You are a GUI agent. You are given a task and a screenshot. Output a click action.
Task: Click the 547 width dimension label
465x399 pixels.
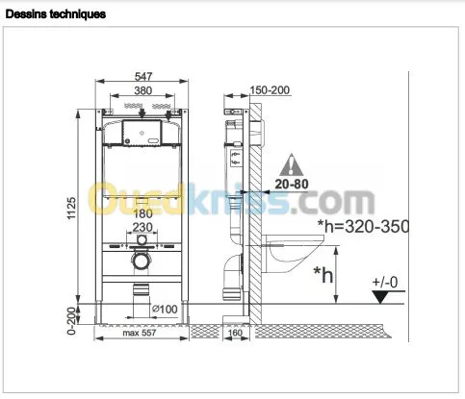[143, 77]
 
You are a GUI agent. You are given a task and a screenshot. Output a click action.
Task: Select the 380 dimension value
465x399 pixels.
[143, 90]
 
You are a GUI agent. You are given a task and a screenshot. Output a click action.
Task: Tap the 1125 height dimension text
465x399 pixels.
[71, 209]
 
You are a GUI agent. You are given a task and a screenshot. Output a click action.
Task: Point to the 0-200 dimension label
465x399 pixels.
[71, 321]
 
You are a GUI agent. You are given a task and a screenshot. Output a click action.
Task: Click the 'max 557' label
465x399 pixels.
[140, 333]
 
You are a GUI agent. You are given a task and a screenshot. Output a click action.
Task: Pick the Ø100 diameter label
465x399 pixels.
[165, 310]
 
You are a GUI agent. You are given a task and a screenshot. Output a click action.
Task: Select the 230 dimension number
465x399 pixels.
[142, 227]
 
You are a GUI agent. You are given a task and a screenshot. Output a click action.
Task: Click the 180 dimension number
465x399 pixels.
[142, 213]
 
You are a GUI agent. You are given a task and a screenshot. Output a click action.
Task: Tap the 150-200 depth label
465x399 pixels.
[270, 90]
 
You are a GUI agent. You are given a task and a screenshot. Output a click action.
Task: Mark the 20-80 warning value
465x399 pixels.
[292, 184]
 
